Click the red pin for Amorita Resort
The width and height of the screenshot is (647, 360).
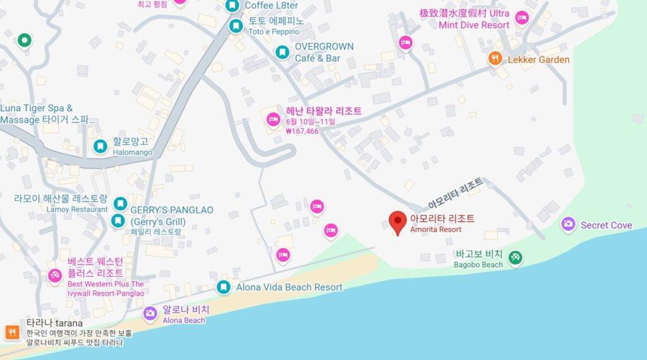coord(397,222)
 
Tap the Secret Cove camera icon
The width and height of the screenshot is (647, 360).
coord(568,224)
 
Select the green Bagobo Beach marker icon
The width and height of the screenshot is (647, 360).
coord(516,257)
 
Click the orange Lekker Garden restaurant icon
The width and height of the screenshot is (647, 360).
coord(495,59)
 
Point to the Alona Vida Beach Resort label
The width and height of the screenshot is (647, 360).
coord(289,287)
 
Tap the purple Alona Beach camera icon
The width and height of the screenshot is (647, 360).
coord(150,313)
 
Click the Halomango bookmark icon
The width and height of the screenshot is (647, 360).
coord(100,147)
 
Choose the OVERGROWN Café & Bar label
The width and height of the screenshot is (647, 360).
coord(324,52)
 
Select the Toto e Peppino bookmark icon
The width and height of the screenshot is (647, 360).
coord(236,26)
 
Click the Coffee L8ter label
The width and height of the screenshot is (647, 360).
coord(271,6)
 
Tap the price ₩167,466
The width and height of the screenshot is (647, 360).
coord(302,131)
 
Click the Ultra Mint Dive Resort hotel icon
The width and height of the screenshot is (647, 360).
coord(521,18)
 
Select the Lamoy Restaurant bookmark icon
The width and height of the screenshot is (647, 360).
coord(120,203)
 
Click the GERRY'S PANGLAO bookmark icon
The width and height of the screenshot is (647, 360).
coord(118,220)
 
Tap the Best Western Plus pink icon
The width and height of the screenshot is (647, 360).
coord(55,275)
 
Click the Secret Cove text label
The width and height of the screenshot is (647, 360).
coord(606,225)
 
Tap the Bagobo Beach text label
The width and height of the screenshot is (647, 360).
coord(478,260)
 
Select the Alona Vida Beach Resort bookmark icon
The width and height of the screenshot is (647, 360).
coord(223,287)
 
